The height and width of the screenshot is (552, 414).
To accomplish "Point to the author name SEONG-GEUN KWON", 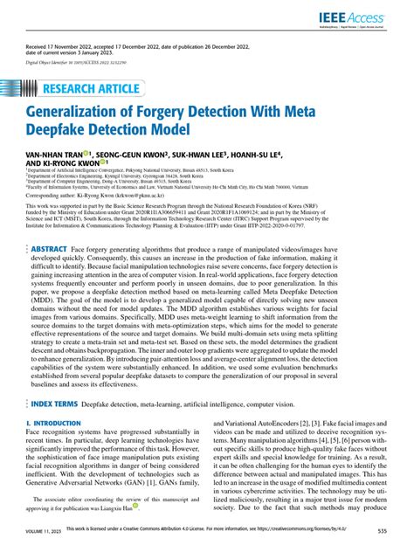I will point(141,153).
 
